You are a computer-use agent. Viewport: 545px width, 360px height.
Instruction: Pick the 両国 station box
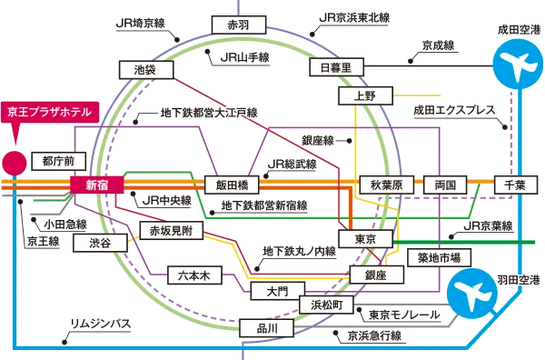(445, 185)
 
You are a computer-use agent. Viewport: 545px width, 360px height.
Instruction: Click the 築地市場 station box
(444, 256)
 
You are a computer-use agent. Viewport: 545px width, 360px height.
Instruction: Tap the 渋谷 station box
(100, 243)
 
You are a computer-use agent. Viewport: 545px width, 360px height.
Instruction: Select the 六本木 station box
(194, 275)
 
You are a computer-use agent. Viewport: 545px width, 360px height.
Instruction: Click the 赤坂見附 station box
(171, 231)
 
